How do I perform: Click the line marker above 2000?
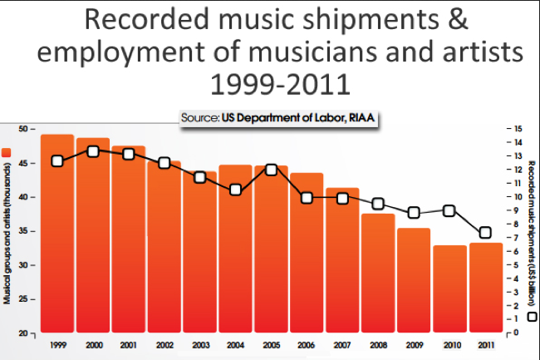[93, 151]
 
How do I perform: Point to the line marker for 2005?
[271, 170]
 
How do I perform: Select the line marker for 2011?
[485, 232]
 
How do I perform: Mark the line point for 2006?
[307, 198]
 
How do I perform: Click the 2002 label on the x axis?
[164, 344]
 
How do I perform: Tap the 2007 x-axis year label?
[342, 344]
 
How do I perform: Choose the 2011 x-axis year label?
[485, 344]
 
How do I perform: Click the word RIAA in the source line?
[361, 119]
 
